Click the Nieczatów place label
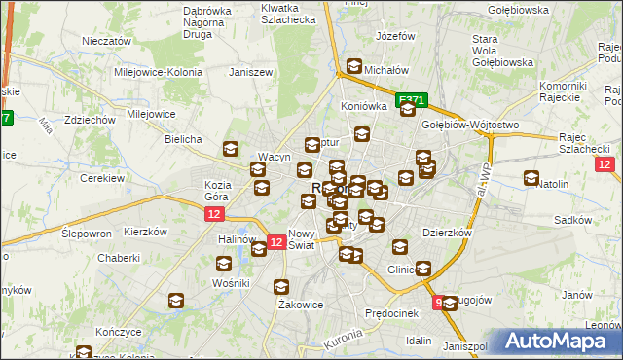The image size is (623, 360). pos(107,42)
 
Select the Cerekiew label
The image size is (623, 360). pos(102,179)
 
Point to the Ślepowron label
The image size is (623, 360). pos(86,234)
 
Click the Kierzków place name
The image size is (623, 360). pos(147,234)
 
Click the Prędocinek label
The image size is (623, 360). pos(391,313)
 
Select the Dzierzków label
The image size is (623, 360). pos(447,234)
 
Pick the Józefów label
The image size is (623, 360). pos(395,36)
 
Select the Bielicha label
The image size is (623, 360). pos(183,139)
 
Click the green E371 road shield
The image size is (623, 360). pos(413,99)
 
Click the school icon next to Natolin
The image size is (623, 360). pos(531,178)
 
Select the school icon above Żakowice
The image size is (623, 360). pos(281,287)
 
